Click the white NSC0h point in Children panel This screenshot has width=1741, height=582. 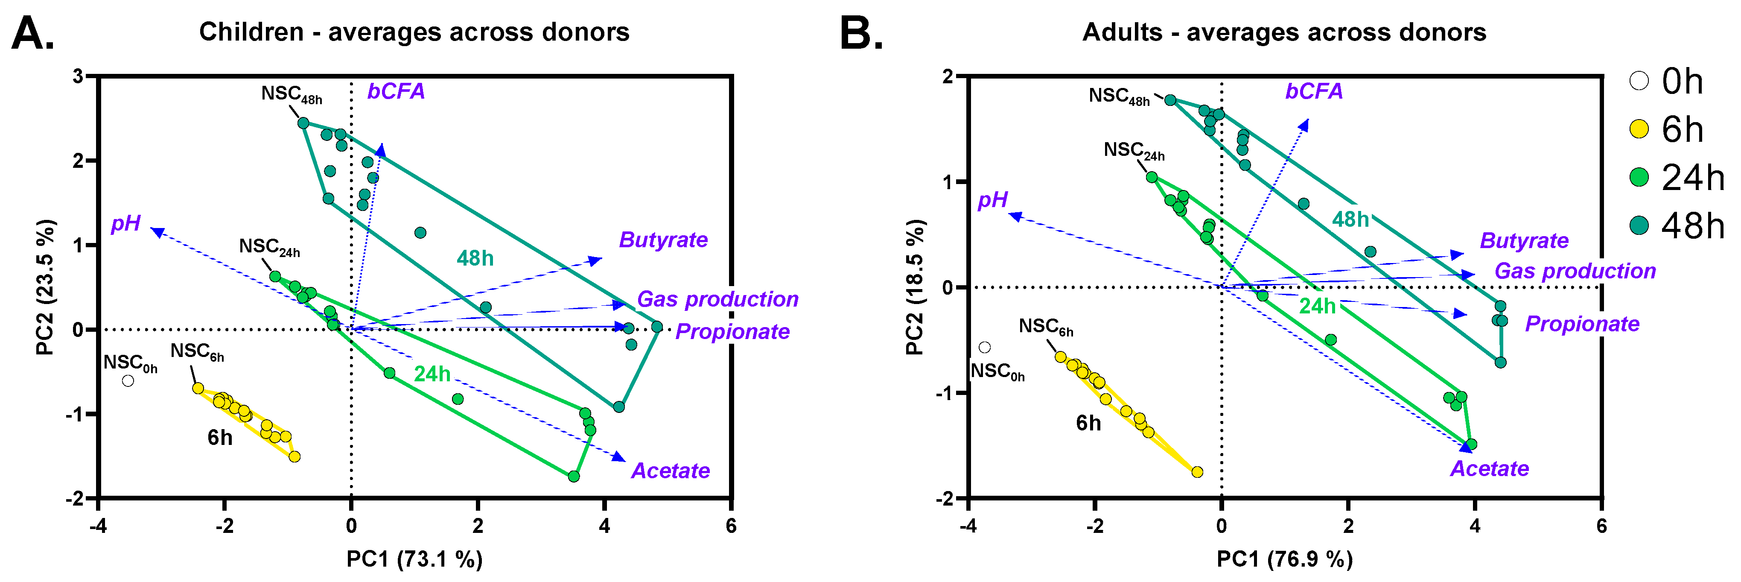pyautogui.click(x=128, y=380)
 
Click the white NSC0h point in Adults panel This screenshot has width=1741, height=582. pyautogui.click(x=985, y=348)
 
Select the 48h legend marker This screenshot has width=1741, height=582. pyautogui.click(x=1639, y=225)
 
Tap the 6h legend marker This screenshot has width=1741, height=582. pyautogui.click(x=1639, y=129)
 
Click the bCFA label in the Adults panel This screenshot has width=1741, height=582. pyautogui.click(x=1313, y=91)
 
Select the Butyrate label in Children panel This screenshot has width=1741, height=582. pyautogui.click(x=663, y=240)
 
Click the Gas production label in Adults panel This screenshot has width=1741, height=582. pyautogui.click(x=1575, y=271)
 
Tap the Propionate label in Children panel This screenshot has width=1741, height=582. pyautogui.click(x=732, y=331)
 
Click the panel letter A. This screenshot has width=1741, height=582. pyautogui.click(x=32, y=34)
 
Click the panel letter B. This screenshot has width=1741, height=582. pyautogui.click(x=860, y=34)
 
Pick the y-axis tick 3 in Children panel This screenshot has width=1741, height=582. pyautogui.click(x=79, y=76)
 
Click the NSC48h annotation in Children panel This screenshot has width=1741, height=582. pyautogui.click(x=291, y=95)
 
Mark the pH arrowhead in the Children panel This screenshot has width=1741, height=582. pyautogui.click(x=157, y=232)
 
